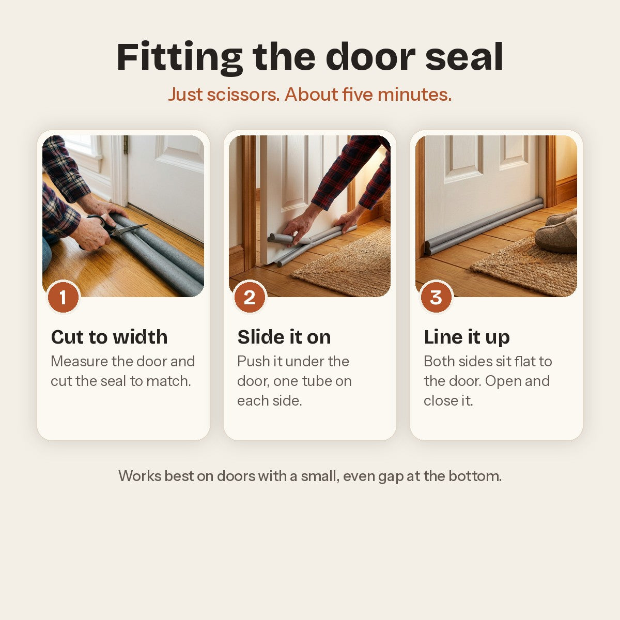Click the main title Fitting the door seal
pyautogui.click(x=310, y=58)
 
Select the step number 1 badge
pyautogui.click(x=64, y=297)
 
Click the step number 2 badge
pyautogui.click(x=250, y=297)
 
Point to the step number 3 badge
pyautogui.click(x=436, y=297)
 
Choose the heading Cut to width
pyautogui.click(x=110, y=337)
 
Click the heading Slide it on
pyautogui.click(x=284, y=337)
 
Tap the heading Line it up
pyautogui.click(x=467, y=337)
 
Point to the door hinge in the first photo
pyautogui.click(x=126, y=145)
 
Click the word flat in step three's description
pyautogui.click(x=524, y=361)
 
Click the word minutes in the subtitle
pyautogui.click(x=415, y=95)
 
